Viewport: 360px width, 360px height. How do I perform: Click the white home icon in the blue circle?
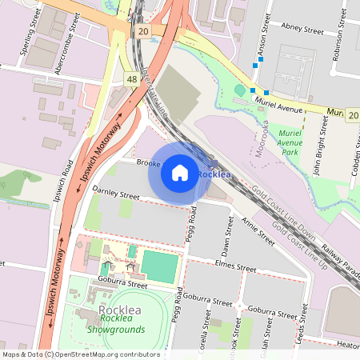coord(180,172)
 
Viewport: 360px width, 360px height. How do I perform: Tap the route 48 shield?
coord(130,79)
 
